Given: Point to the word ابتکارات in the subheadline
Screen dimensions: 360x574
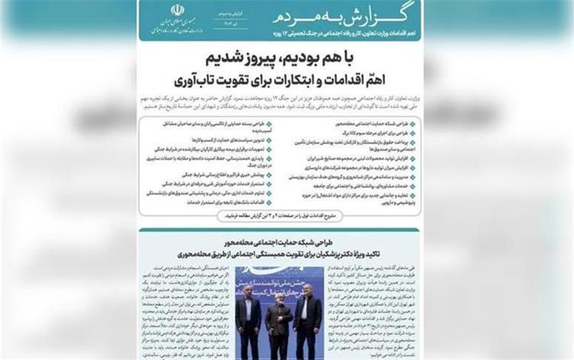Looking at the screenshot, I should [301, 79].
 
